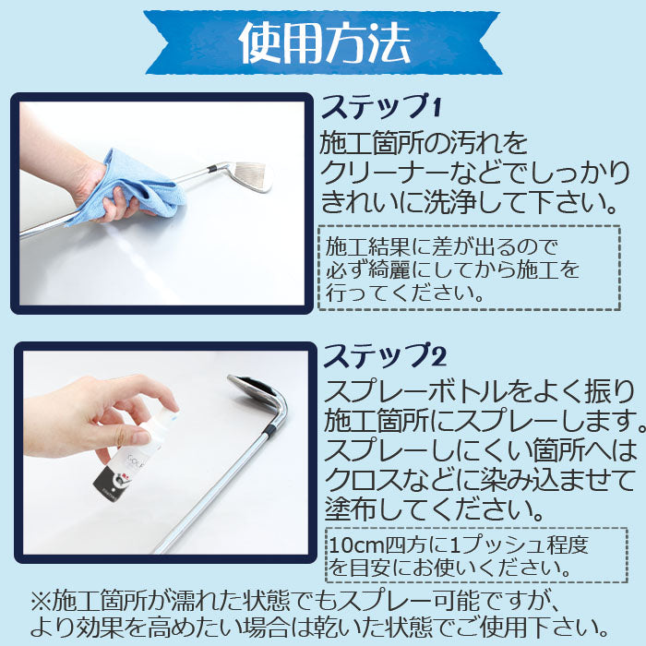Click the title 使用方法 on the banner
[324, 42]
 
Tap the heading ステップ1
[381, 106]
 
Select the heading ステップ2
[385, 356]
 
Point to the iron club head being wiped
[251, 176]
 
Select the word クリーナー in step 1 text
[384, 173]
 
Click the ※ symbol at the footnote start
[41, 603]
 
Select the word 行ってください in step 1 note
[404, 293]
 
